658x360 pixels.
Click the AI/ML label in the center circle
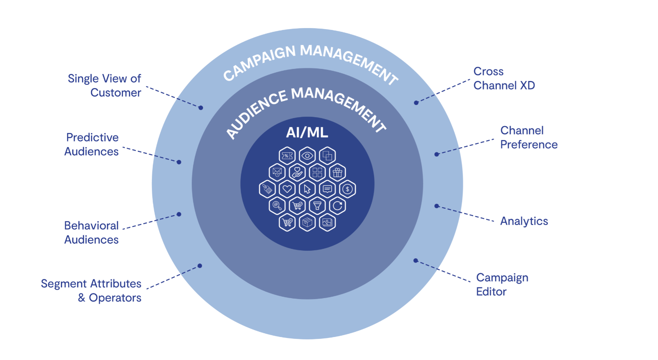click(x=307, y=133)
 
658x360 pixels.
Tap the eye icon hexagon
click(x=307, y=156)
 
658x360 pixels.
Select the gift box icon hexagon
click(x=337, y=172)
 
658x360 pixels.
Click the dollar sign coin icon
click(x=347, y=189)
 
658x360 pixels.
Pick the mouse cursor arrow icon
click(x=307, y=189)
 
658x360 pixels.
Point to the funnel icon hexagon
click(x=317, y=205)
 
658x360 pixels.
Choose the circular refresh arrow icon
click(x=337, y=205)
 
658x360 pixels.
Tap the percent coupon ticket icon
click(x=287, y=156)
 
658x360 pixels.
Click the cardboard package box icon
click(x=307, y=222)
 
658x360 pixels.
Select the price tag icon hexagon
click(x=267, y=189)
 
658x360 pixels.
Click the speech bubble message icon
click(x=327, y=189)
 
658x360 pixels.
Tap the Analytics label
click(x=524, y=221)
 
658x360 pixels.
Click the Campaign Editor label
click(x=502, y=285)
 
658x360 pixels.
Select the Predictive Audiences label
click(x=92, y=144)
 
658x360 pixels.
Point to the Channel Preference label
click(x=529, y=137)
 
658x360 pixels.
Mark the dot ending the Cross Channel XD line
click(x=416, y=102)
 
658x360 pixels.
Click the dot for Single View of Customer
click(x=201, y=108)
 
